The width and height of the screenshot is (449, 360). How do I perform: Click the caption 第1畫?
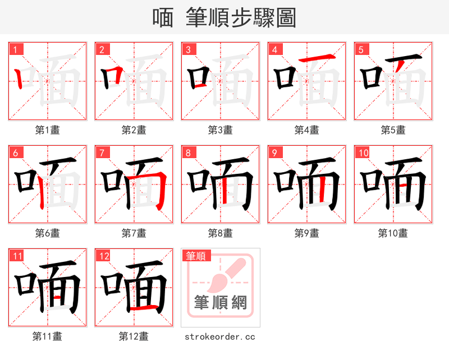pyautogui.click(x=48, y=130)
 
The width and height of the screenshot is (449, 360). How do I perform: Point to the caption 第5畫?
pyautogui.click(x=393, y=130)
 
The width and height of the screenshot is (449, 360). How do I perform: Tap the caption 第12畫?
pyautogui.click(x=134, y=336)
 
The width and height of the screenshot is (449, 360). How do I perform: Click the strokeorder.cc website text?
pyautogui.click(x=220, y=336)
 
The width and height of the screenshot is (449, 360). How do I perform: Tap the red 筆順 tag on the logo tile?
pyautogui.click(x=196, y=256)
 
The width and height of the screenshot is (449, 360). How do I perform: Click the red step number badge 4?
pyautogui.click(x=275, y=49)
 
